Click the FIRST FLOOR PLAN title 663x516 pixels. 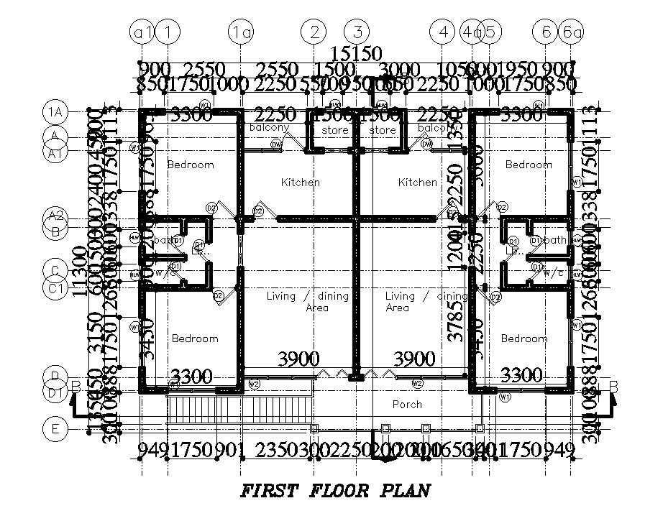[x=335, y=492]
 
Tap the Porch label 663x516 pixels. [x=406, y=405]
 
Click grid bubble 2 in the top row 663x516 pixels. [x=314, y=32]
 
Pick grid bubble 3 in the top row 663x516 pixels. [x=357, y=32]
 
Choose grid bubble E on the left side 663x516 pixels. [x=55, y=430]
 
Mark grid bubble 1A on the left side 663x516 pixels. [x=55, y=112]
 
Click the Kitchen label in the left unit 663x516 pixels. [x=301, y=183]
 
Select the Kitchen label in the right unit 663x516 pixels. [x=417, y=183]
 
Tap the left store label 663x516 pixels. [x=335, y=130]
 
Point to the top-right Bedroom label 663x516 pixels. [x=529, y=165]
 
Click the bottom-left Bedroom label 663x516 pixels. [x=194, y=338]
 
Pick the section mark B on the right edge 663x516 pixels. [x=613, y=387]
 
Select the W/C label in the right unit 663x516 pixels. [x=553, y=274]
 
